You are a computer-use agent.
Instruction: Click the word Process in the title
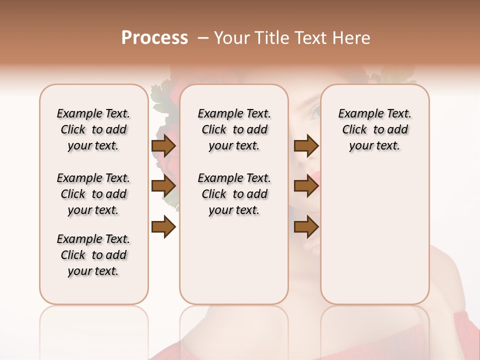[154, 38]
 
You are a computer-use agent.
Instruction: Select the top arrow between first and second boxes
[163, 146]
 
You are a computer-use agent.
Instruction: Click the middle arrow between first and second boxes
[163, 186]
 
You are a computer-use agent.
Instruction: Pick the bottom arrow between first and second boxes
[163, 227]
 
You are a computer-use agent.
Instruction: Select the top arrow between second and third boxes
[306, 146]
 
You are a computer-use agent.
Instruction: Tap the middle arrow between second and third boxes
[306, 186]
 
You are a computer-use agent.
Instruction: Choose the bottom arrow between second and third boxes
[306, 227]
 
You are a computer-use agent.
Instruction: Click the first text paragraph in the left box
[93, 129]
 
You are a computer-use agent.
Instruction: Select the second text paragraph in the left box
[93, 194]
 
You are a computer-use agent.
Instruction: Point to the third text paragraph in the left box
[93, 255]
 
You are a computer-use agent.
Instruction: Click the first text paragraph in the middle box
[234, 129]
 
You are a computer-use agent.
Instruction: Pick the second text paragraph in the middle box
[234, 194]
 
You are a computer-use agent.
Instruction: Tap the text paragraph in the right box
[375, 129]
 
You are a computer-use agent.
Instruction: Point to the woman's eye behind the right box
[315, 111]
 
